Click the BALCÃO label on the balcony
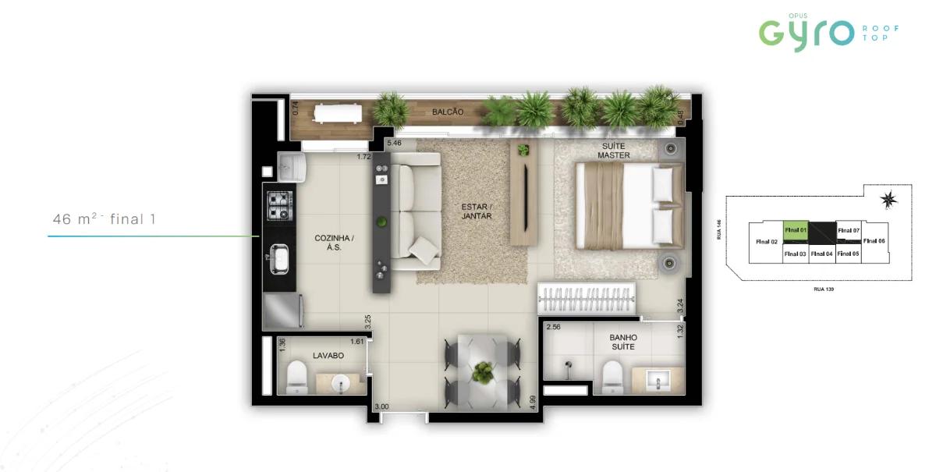(448, 112)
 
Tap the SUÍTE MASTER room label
(614, 151)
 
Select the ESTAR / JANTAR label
(476, 211)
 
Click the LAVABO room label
(328, 355)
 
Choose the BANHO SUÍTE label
(622, 342)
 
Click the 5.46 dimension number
(395, 144)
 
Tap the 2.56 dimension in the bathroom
(555, 328)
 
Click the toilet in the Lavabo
(296, 378)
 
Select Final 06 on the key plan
(875, 241)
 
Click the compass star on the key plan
(888, 200)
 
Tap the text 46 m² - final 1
(105, 219)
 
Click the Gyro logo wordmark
(807, 32)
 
